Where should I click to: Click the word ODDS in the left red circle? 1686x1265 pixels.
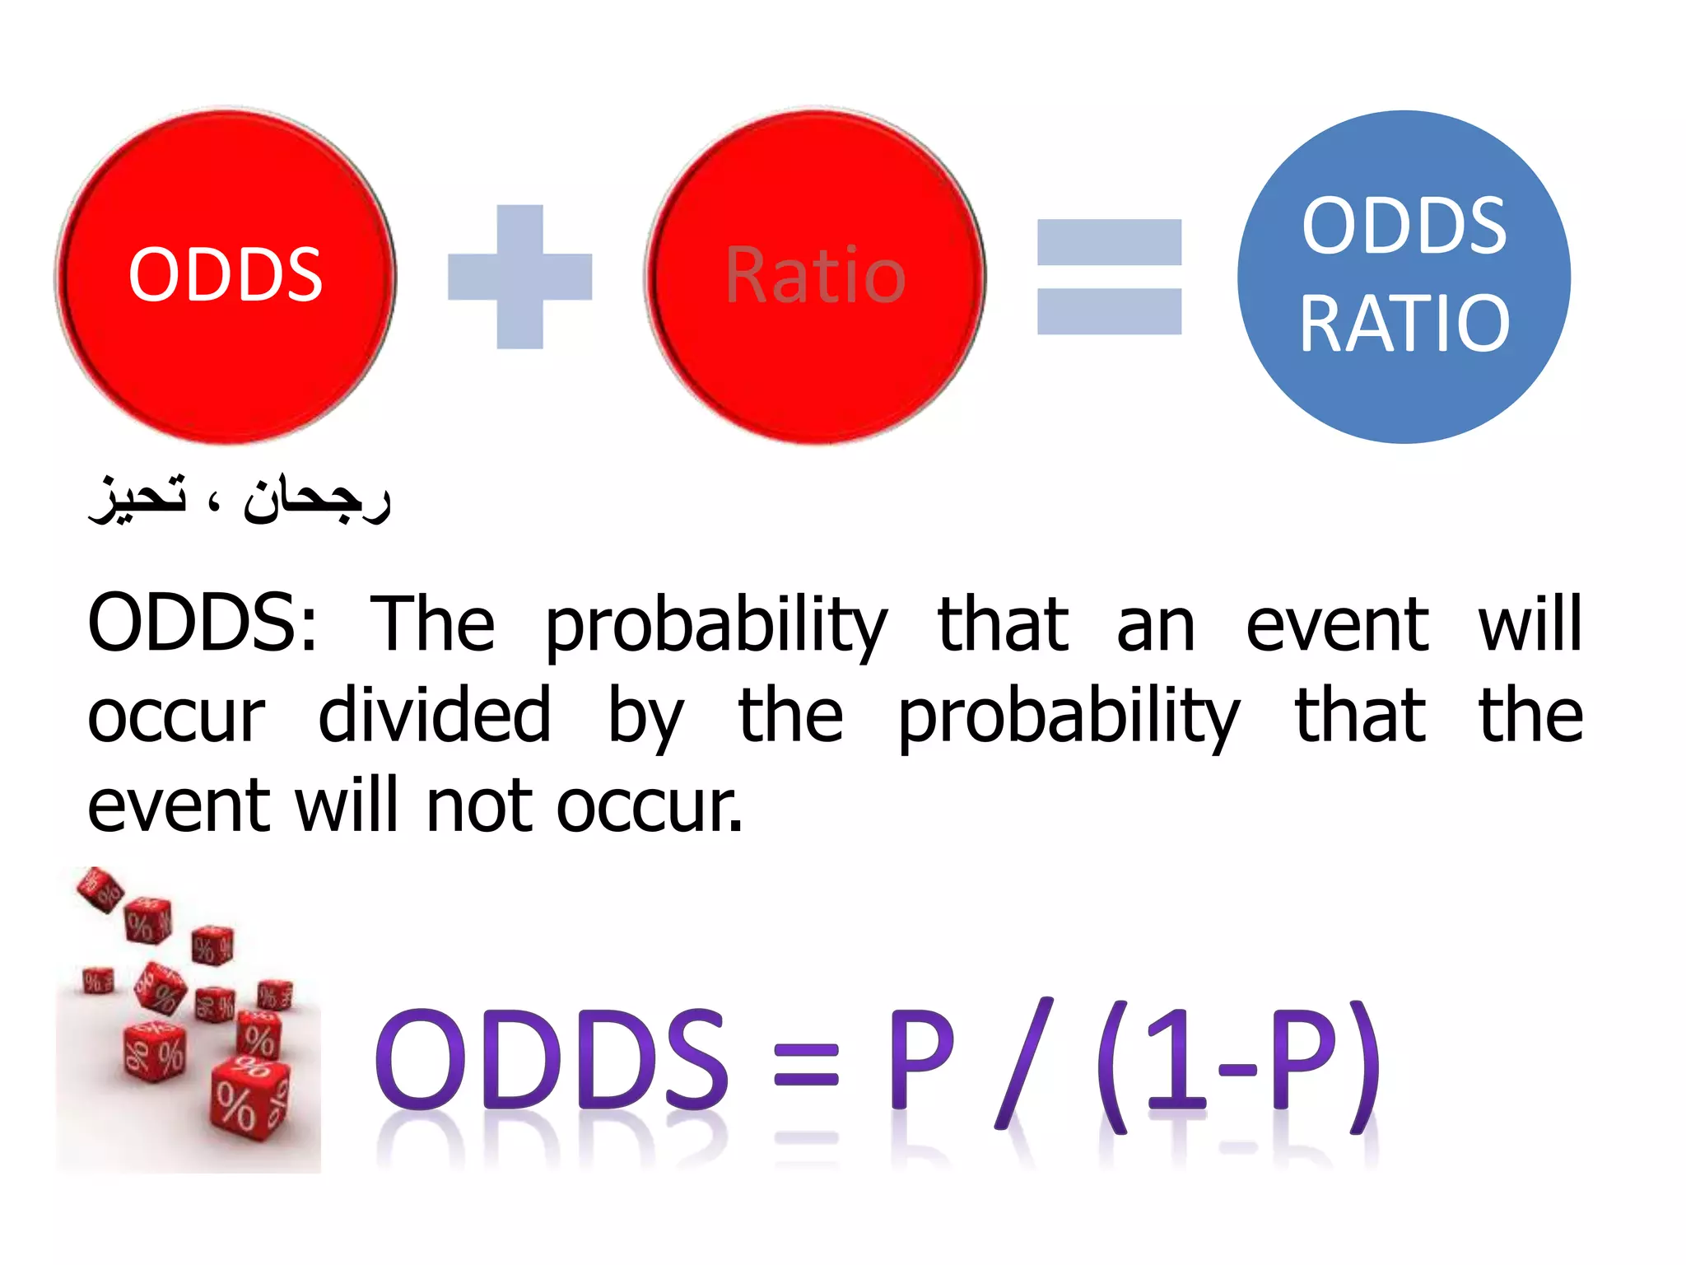tap(225, 274)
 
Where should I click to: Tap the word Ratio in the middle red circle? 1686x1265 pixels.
tap(815, 276)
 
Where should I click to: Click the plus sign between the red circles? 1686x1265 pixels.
tap(519, 277)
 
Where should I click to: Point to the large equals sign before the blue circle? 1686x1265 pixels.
tap(1109, 277)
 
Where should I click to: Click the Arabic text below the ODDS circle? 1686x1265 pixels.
tap(239, 498)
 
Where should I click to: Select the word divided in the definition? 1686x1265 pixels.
tap(434, 715)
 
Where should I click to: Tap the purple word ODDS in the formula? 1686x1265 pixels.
tap(552, 1061)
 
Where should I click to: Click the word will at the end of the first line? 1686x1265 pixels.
tap(1530, 623)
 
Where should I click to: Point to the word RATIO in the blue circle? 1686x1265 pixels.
tap(1404, 324)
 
